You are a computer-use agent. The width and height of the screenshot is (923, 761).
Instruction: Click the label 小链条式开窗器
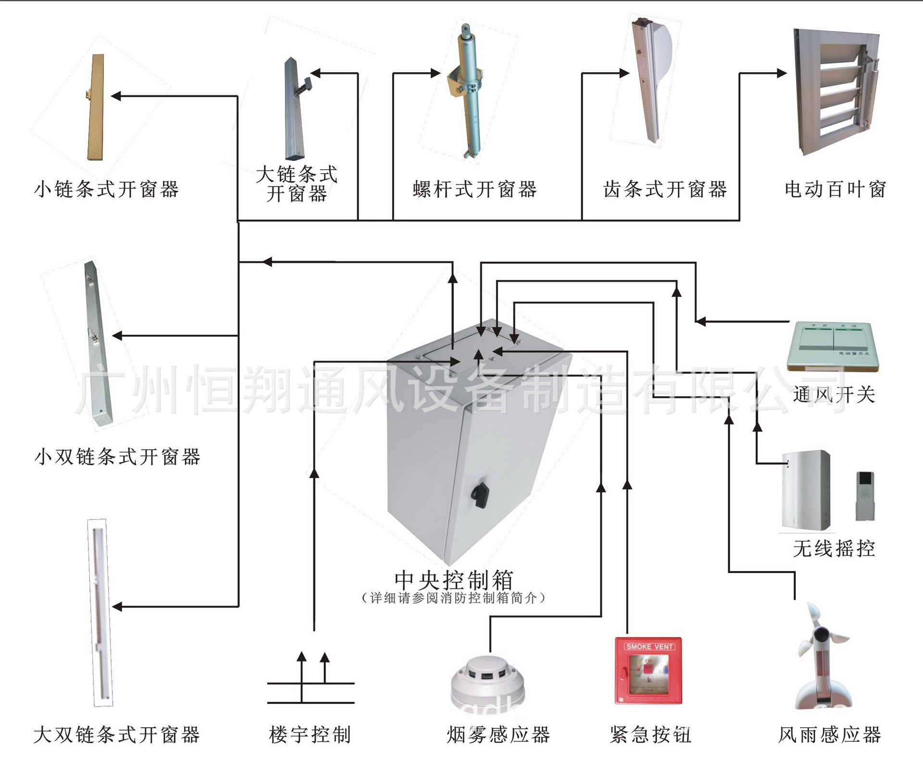click(x=106, y=190)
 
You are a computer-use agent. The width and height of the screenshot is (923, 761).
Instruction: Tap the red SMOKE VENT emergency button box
click(x=649, y=671)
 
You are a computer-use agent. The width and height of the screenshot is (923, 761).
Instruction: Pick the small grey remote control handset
click(x=864, y=496)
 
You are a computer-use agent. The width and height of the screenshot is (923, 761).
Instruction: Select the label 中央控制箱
click(x=454, y=580)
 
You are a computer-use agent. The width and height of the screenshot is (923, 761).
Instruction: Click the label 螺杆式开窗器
click(x=474, y=190)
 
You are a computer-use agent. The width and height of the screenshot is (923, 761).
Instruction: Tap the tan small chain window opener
click(x=96, y=107)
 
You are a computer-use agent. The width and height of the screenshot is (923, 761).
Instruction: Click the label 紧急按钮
click(x=650, y=735)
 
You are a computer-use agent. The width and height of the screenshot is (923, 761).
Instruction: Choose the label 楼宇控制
click(x=310, y=735)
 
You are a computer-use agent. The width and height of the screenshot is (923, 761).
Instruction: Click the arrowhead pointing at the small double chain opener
click(x=117, y=336)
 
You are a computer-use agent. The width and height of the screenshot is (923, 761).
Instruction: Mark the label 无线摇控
click(x=834, y=548)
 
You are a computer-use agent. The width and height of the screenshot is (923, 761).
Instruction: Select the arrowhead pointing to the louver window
click(x=782, y=73)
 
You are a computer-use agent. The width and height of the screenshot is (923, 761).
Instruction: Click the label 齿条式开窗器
click(x=664, y=190)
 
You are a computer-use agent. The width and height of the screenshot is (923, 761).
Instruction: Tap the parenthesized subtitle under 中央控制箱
click(x=453, y=598)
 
